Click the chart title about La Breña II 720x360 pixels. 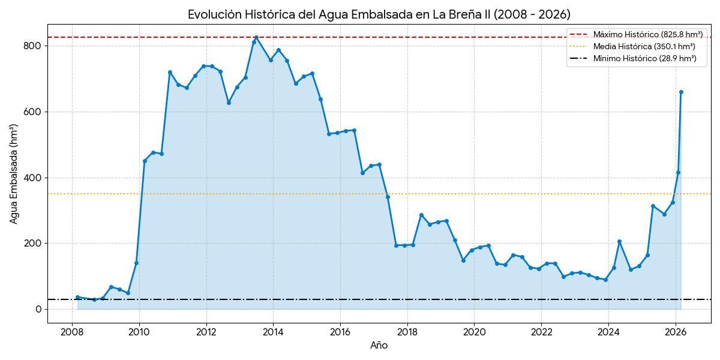(x=379, y=14)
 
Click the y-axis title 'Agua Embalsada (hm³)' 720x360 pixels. (x=14, y=174)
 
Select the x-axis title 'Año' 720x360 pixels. (x=379, y=345)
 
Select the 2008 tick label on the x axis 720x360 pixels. (x=72, y=332)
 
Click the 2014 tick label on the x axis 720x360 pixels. (x=273, y=332)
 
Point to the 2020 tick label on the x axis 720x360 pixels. (x=474, y=332)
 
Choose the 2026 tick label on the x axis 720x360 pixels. (x=676, y=332)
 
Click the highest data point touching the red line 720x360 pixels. (x=256, y=38)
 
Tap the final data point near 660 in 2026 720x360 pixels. (x=681, y=92)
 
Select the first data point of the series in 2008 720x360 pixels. (x=77, y=297)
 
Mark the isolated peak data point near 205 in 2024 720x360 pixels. (x=619, y=242)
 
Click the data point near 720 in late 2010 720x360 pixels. (x=170, y=72)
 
